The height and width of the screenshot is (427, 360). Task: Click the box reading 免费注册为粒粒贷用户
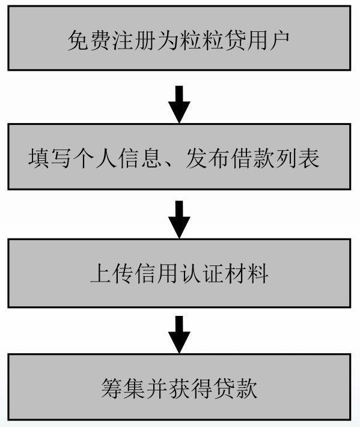click(179, 38)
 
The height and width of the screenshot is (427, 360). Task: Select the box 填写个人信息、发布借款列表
click(179, 157)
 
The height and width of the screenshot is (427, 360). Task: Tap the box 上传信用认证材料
click(179, 273)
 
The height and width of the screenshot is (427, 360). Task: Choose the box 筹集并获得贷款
click(179, 387)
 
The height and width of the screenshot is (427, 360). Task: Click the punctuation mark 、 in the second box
click(172, 162)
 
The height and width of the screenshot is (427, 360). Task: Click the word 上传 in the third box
click(112, 274)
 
